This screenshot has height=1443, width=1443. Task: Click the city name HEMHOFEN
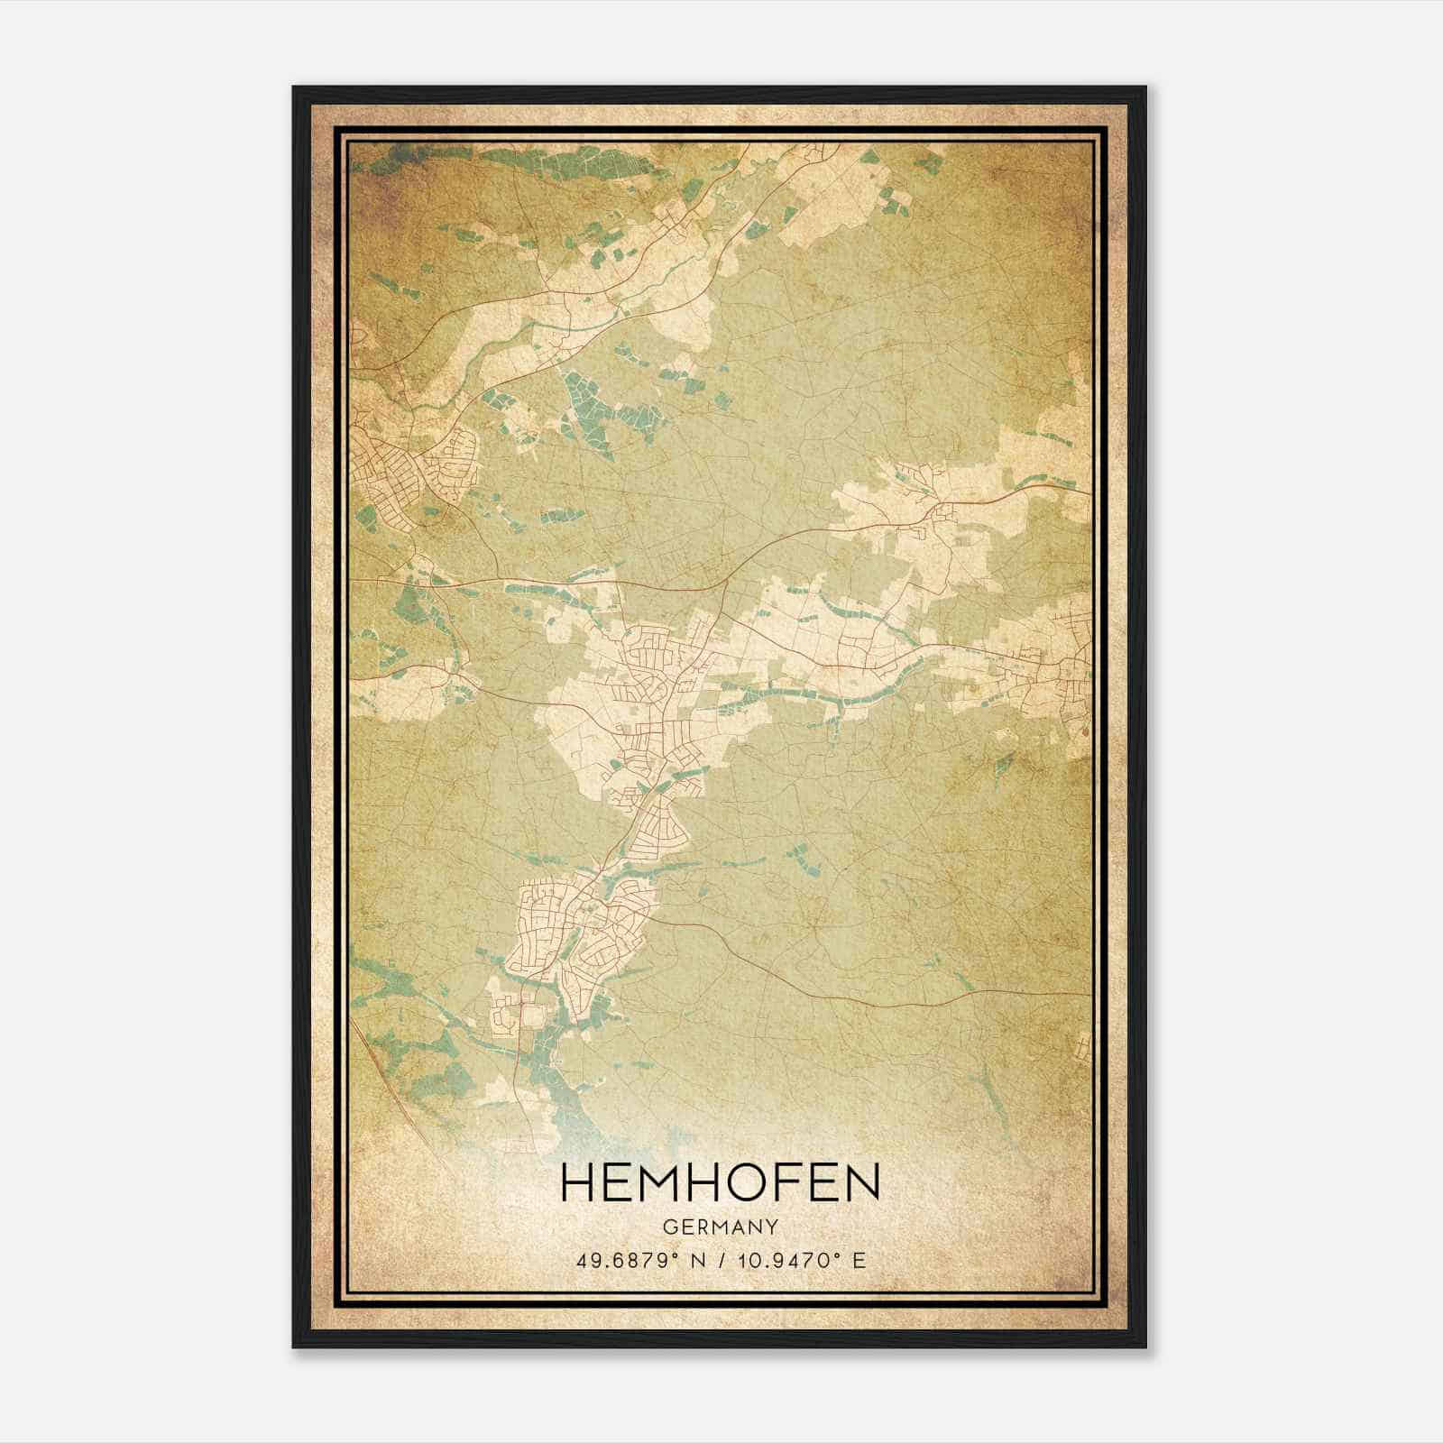click(x=720, y=1183)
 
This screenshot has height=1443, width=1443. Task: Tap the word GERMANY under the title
click(x=720, y=1227)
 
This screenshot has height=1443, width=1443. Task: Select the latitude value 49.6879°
click(x=627, y=1260)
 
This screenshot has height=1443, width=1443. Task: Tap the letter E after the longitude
click(x=859, y=1260)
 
